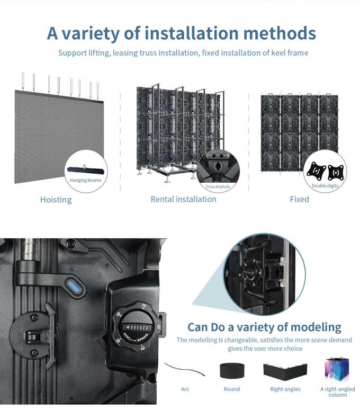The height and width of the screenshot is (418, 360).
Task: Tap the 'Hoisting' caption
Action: coord(56,200)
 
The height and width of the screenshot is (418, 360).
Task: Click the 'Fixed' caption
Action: coord(299,199)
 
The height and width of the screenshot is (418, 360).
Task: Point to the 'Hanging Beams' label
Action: coord(86,180)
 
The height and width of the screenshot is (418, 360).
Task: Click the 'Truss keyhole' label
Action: coord(218,186)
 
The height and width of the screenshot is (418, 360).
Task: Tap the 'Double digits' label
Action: coord(325,185)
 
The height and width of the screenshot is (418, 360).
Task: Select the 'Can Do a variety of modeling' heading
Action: coord(264,327)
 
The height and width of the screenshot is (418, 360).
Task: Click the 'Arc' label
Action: coord(185,389)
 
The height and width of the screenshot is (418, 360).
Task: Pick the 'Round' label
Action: coord(231,389)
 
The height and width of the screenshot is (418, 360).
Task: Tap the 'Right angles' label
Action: coord(285,389)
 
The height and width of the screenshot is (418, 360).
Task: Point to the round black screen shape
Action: coord(231,370)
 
